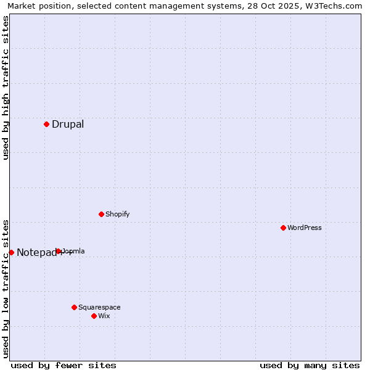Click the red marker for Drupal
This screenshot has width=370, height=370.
click(46, 124)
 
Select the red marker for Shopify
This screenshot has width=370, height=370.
click(101, 214)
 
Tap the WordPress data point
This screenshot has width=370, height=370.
click(283, 228)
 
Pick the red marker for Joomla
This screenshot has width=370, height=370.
click(59, 251)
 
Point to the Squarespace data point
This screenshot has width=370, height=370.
click(74, 307)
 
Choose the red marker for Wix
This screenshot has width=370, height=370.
click(94, 316)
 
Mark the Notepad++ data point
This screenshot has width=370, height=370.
click(11, 252)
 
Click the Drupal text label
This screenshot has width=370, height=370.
click(68, 124)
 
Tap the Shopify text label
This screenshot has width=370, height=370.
click(117, 214)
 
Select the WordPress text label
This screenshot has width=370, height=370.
click(305, 228)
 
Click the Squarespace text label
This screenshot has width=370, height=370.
click(99, 307)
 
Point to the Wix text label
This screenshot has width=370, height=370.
click(104, 316)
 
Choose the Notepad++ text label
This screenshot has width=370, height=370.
click(43, 252)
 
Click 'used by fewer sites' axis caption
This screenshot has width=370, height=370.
click(64, 365)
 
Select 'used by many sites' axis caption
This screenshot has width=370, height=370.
click(310, 365)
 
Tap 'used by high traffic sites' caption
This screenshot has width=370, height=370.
click(6, 87)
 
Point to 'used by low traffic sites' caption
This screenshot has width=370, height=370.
click(6, 288)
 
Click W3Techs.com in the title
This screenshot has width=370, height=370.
click(332, 6)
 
